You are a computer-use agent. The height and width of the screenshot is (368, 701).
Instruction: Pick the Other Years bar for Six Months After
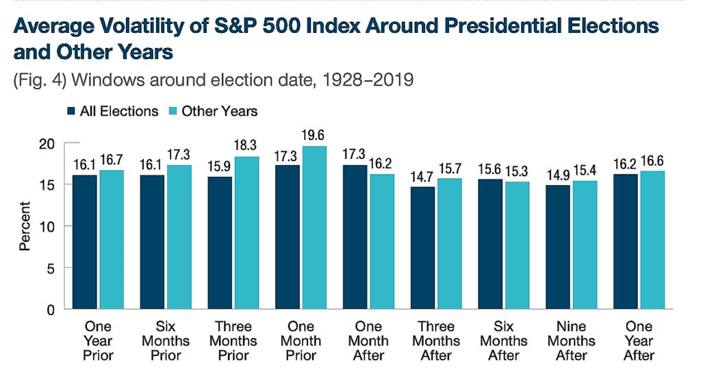coord(517,245)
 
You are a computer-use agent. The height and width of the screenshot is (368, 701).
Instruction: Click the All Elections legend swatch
coord(71,111)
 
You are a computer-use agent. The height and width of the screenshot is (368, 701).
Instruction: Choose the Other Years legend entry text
coord(219,111)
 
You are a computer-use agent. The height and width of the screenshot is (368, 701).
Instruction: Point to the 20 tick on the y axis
coord(46,143)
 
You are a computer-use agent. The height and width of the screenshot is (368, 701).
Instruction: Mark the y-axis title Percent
coord(25,226)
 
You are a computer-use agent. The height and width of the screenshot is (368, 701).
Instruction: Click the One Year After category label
coord(639,341)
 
